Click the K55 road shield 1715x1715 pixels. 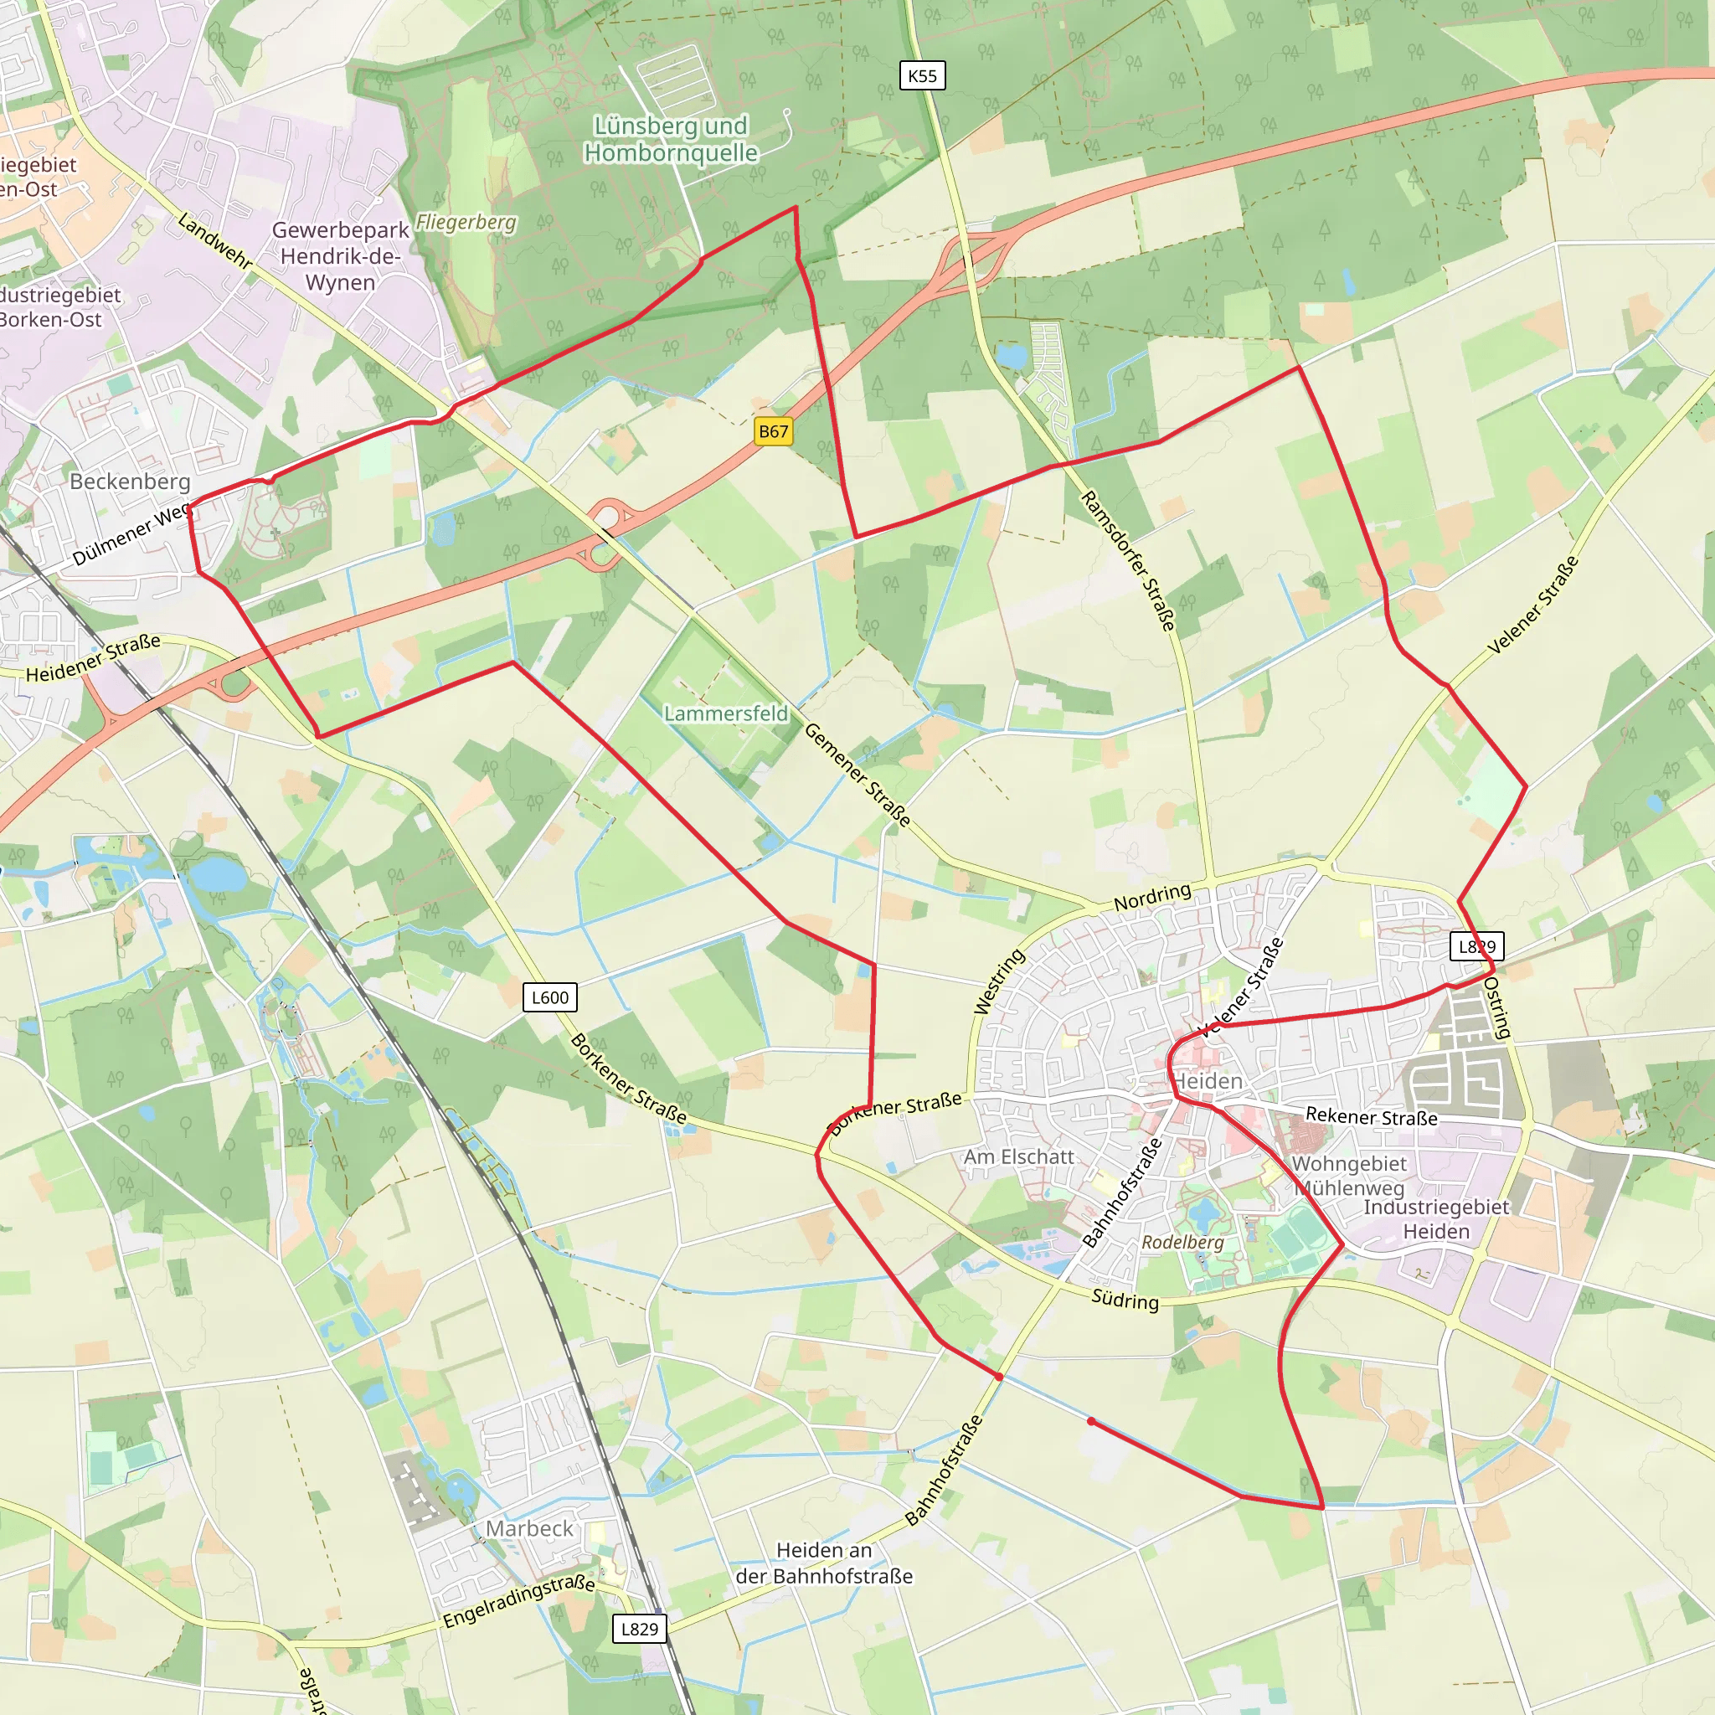pyautogui.click(x=922, y=75)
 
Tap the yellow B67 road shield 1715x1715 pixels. pyautogui.click(x=773, y=431)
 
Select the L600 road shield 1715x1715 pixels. pyautogui.click(x=549, y=997)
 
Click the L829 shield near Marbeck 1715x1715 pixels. pyautogui.click(x=639, y=1629)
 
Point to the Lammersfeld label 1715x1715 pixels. pyautogui.click(x=725, y=713)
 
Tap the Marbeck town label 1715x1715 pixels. pyautogui.click(x=529, y=1528)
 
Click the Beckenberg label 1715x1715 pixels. pyautogui.click(x=130, y=482)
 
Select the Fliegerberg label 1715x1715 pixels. pyautogui.click(x=466, y=222)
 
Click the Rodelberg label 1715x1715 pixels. pyautogui.click(x=1182, y=1242)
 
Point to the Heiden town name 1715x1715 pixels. pyautogui.click(x=1208, y=1081)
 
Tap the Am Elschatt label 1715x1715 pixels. pyautogui.click(x=1019, y=1156)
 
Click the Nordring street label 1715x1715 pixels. pyautogui.click(x=1152, y=897)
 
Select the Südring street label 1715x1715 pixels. pyautogui.click(x=1125, y=1300)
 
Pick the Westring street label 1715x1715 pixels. pyautogui.click(x=1000, y=981)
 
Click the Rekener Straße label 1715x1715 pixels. pyautogui.click(x=1372, y=1117)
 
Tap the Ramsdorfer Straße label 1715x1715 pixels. pyautogui.click(x=1128, y=561)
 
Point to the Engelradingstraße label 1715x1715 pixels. pyautogui.click(x=518, y=1601)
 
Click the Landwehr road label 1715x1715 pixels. pyautogui.click(x=215, y=240)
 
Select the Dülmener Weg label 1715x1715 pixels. pyautogui.click(x=131, y=533)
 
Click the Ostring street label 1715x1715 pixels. pyautogui.click(x=1496, y=1007)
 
